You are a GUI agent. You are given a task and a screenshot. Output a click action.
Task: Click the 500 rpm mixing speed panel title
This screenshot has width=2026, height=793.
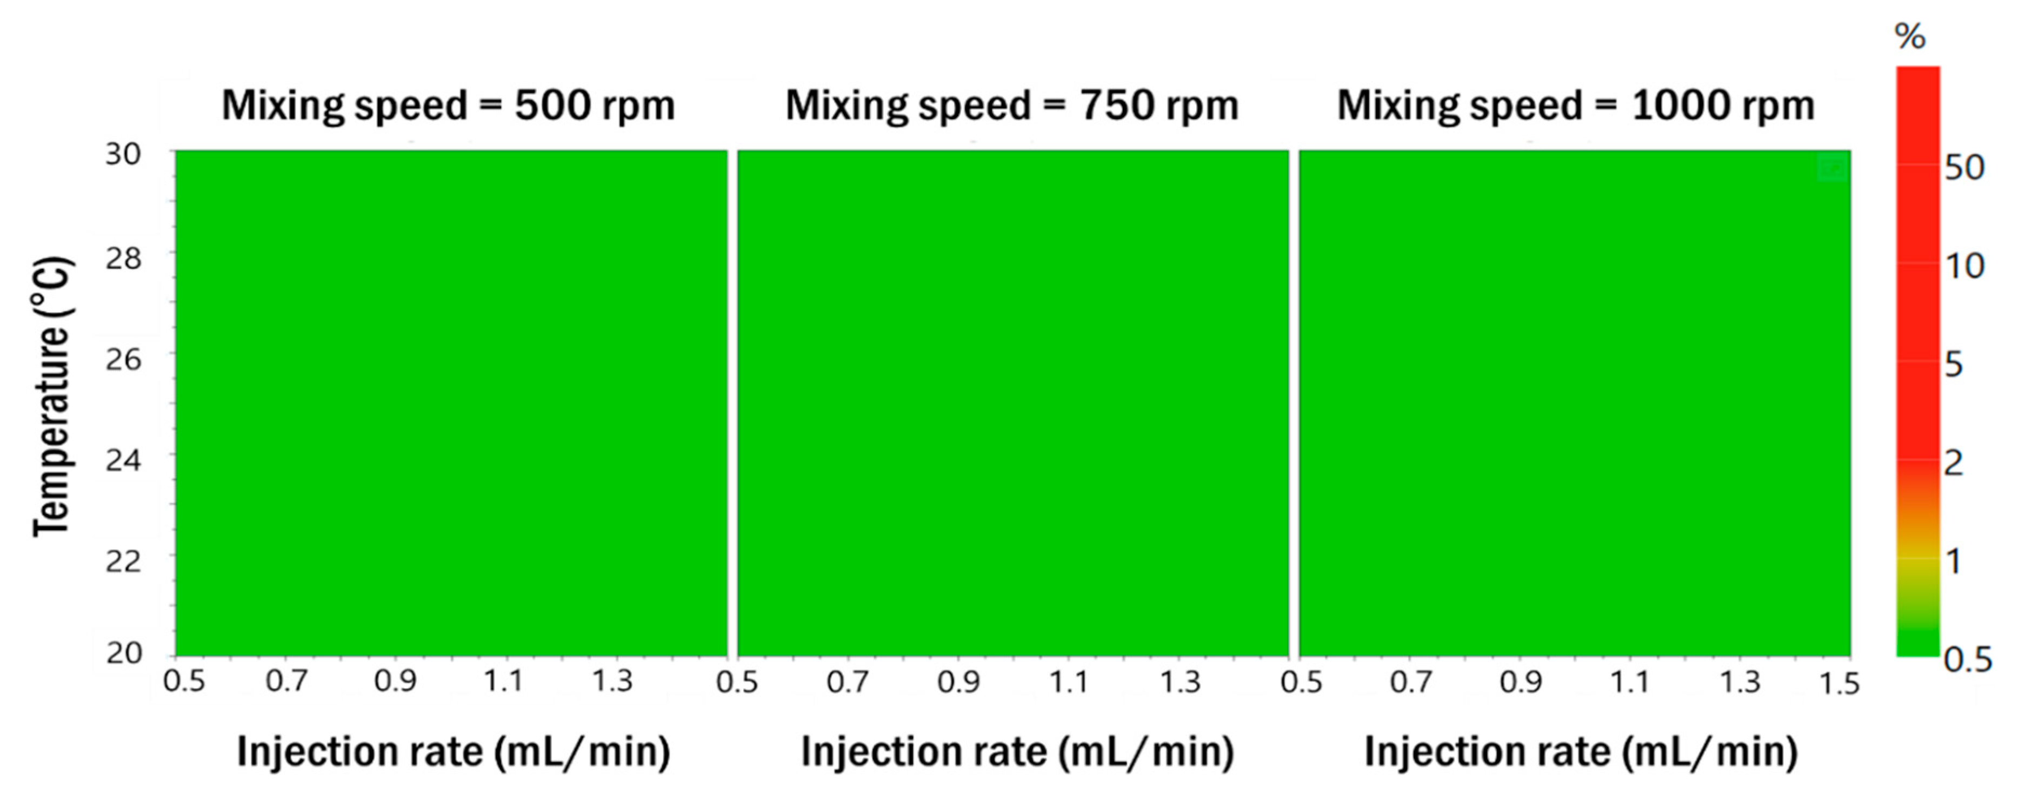(x=448, y=105)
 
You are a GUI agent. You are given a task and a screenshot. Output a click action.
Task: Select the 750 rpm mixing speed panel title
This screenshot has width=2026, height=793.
(x=1012, y=105)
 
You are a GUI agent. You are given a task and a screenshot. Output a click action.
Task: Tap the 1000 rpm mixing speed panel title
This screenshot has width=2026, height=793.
(x=1576, y=105)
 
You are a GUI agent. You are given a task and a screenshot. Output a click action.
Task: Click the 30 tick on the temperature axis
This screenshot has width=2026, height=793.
(x=123, y=154)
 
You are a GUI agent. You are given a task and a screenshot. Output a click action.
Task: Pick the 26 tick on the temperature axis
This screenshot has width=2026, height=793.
(x=123, y=360)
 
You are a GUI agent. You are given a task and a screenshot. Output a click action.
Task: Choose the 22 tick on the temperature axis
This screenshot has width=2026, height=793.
(x=123, y=561)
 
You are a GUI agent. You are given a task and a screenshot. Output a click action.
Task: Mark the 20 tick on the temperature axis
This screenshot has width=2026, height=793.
(x=123, y=652)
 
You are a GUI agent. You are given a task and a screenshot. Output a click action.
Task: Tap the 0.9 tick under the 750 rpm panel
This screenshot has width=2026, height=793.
(x=959, y=681)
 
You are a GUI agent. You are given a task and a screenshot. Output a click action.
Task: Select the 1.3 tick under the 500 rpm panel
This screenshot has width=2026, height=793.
(x=612, y=681)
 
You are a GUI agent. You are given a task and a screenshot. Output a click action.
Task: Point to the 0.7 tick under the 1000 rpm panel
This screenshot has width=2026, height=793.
(x=1411, y=681)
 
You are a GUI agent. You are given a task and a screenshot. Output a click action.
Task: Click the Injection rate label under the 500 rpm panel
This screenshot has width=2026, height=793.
(x=454, y=751)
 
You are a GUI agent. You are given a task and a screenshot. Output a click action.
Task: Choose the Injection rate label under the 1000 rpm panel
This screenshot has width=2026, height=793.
(x=1581, y=751)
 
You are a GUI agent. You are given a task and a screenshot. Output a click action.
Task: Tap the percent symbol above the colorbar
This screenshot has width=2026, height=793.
(x=1910, y=37)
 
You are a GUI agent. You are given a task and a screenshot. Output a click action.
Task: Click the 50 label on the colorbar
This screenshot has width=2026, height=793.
(x=1965, y=168)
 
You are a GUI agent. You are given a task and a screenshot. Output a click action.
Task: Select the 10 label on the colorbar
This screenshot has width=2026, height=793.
(x=1965, y=267)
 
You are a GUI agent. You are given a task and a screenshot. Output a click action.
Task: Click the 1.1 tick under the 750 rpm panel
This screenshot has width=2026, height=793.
(x=1070, y=681)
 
